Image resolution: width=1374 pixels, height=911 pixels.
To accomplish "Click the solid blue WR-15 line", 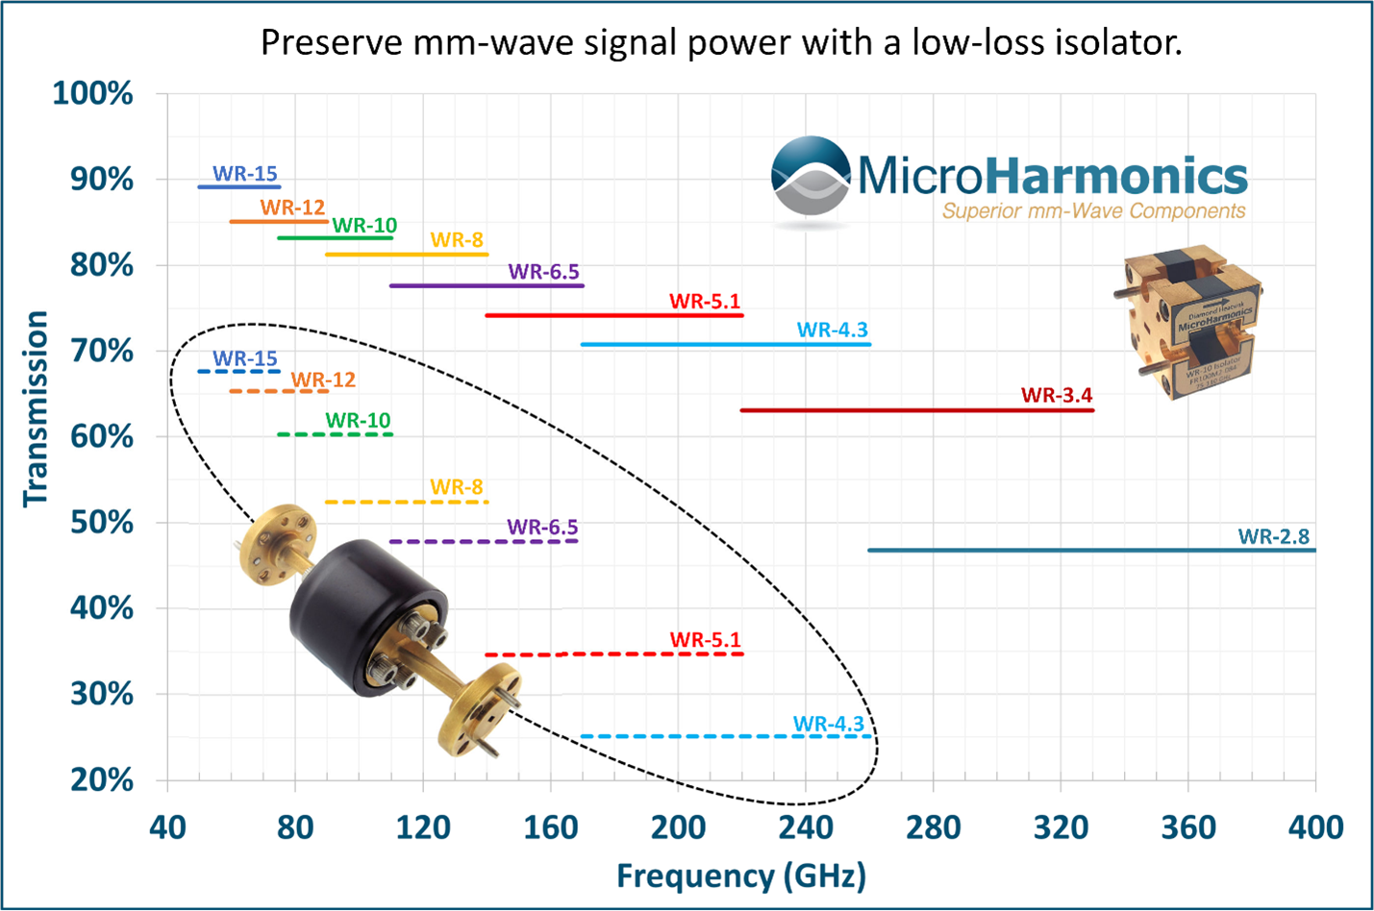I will (238, 186).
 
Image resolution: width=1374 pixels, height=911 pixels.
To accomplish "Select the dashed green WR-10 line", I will (335, 434).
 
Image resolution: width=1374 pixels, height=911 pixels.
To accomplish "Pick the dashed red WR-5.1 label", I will (705, 639).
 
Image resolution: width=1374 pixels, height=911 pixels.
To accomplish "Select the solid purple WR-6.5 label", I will (543, 272).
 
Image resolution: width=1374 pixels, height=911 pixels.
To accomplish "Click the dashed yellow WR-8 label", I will (456, 487).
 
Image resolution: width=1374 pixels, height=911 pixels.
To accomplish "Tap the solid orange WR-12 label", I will (292, 208).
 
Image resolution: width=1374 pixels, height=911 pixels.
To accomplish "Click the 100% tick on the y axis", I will (92, 94).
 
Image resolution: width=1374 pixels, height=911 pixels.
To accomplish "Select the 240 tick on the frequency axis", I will (805, 827).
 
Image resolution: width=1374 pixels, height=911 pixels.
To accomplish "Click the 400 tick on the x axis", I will (1315, 827).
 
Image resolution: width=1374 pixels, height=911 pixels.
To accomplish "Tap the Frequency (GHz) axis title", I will (740, 876).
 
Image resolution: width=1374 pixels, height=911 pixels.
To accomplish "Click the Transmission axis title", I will (36, 407).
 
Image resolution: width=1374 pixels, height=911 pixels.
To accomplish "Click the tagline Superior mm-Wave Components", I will (1093, 211).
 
